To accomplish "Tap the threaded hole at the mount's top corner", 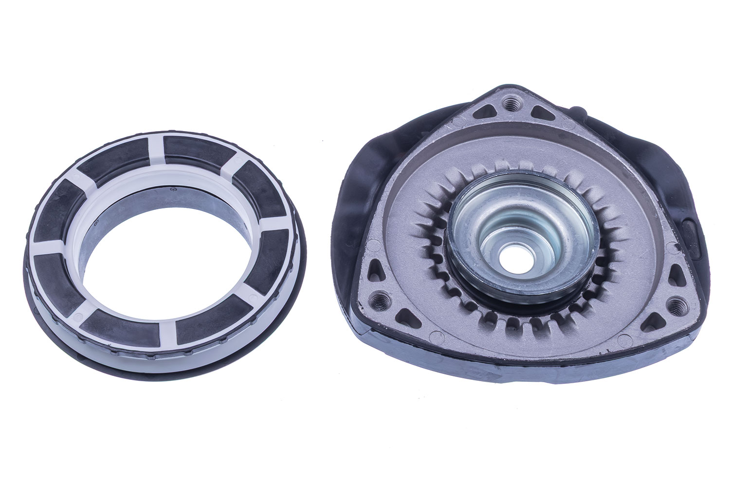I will pos(510,103).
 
